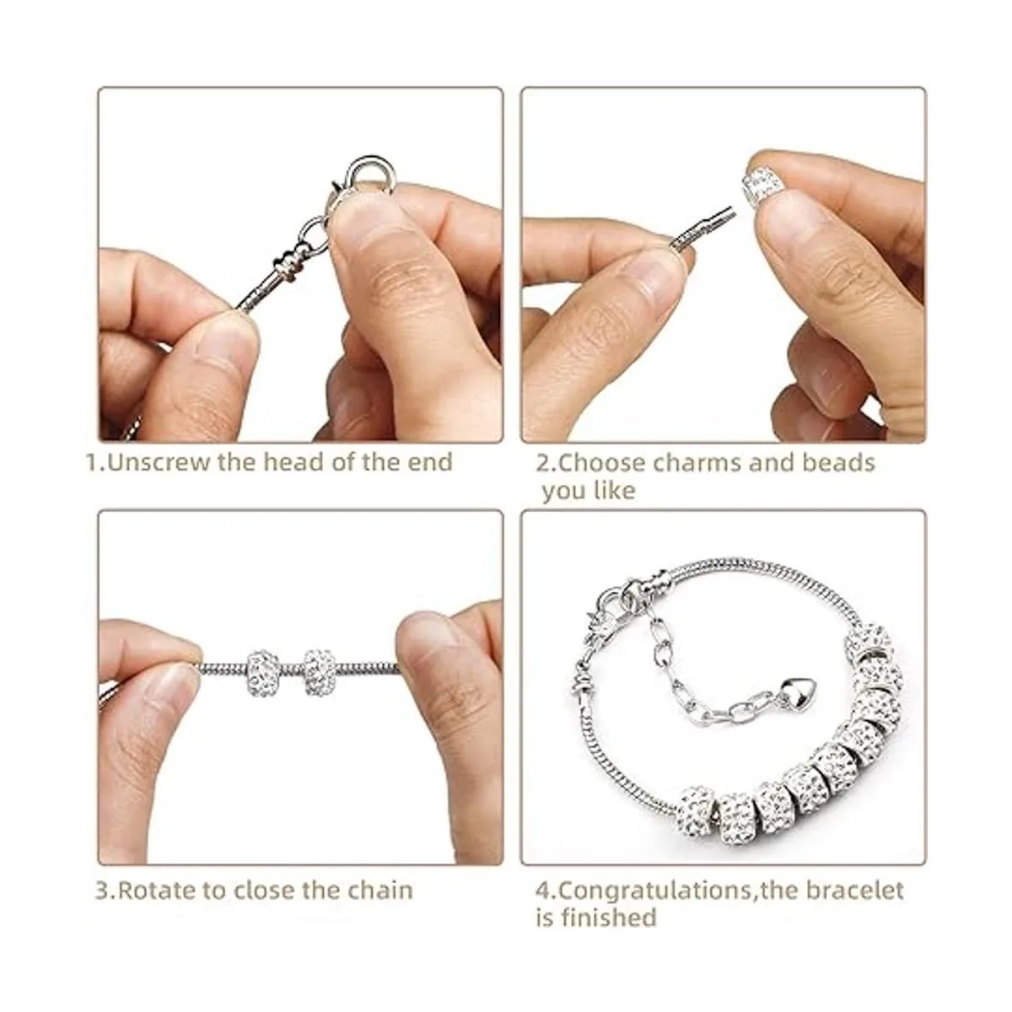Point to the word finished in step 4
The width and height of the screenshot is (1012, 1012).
(x=607, y=918)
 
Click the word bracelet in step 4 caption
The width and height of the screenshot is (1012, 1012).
(x=852, y=891)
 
